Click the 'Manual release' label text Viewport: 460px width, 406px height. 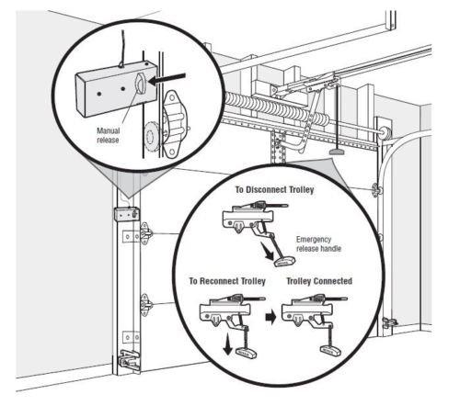(x=109, y=135)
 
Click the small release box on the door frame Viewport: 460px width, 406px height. (x=125, y=214)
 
